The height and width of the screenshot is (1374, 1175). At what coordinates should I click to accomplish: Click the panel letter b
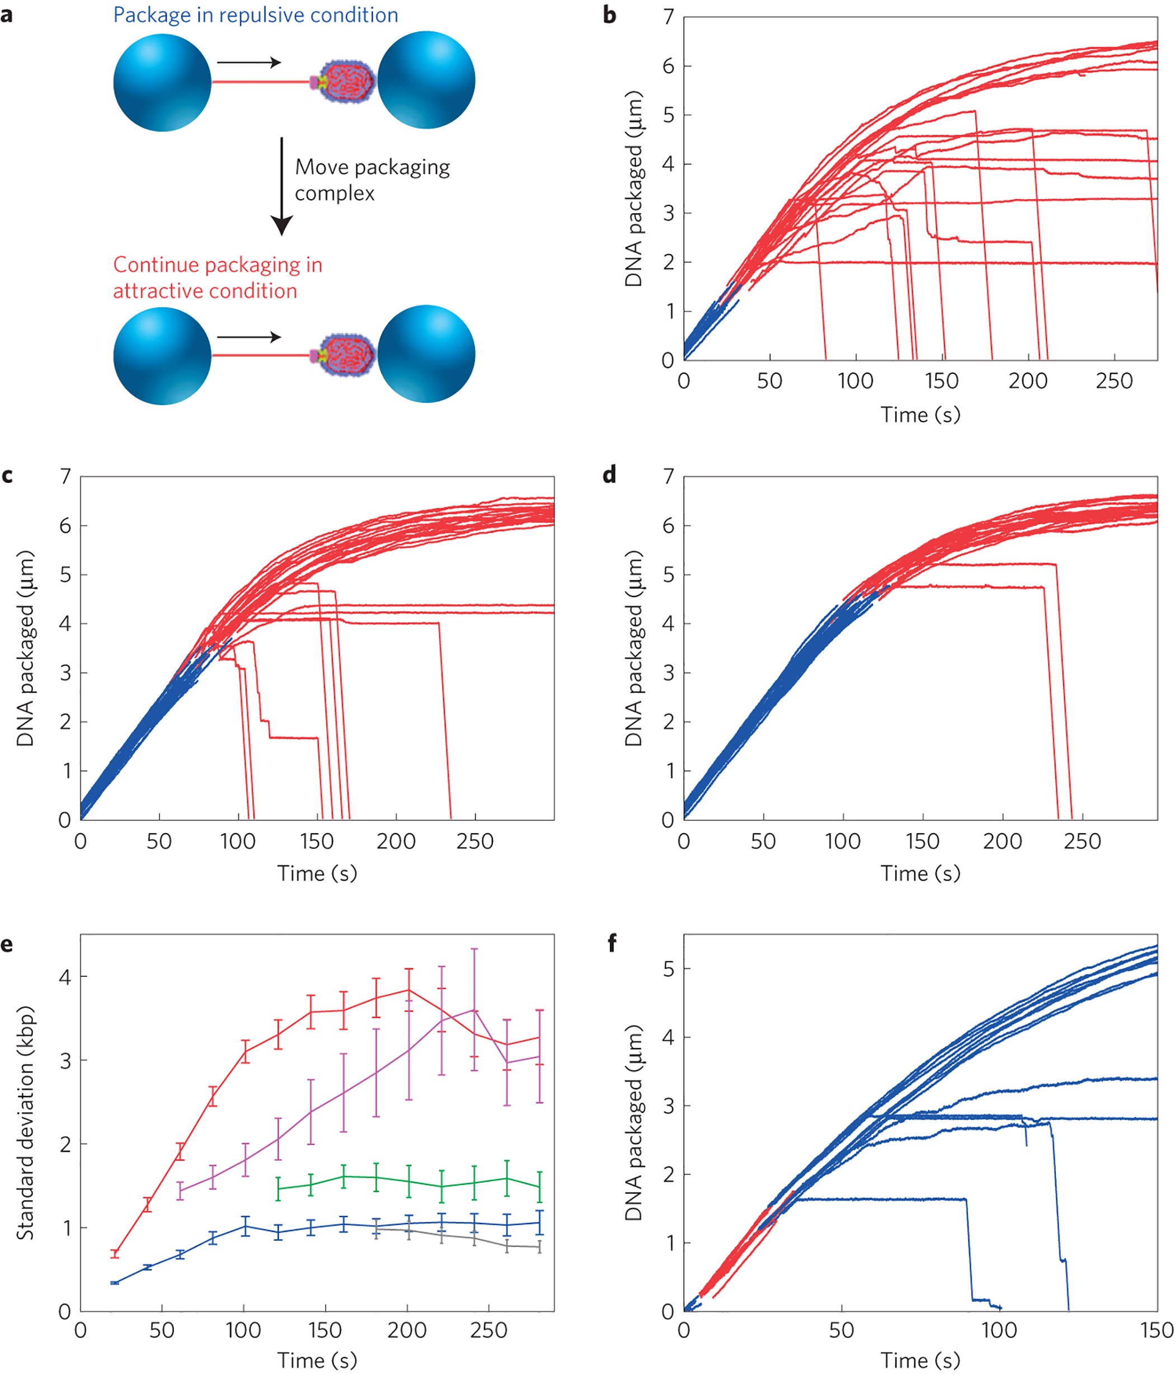tap(609, 15)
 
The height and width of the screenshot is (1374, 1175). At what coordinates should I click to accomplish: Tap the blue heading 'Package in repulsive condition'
tap(255, 15)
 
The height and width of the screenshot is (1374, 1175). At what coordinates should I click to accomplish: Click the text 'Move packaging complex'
tap(372, 180)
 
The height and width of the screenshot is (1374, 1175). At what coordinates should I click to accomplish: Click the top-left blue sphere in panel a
tap(162, 83)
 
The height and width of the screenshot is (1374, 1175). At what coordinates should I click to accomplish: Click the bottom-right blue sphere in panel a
tap(426, 354)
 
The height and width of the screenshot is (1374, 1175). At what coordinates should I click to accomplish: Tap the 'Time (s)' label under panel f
tap(920, 1360)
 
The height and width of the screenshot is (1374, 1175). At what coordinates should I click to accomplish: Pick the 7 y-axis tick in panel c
tap(65, 476)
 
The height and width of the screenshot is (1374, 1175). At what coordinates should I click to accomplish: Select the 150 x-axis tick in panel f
tap(1157, 1330)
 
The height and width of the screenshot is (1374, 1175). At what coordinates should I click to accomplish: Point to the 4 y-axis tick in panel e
tap(65, 977)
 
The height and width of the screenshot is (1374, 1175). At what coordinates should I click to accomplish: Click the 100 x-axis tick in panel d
tap(842, 841)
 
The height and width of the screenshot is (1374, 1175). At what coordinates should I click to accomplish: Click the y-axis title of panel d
tap(633, 648)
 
